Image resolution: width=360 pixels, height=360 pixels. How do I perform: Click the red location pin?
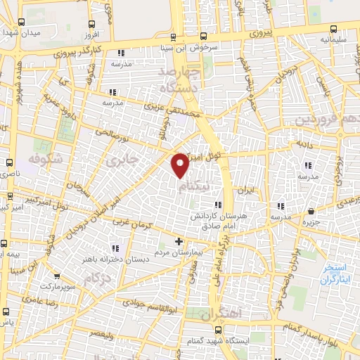click(180, 165)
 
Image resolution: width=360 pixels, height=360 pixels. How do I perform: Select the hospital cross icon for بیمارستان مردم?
click(179, 242)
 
